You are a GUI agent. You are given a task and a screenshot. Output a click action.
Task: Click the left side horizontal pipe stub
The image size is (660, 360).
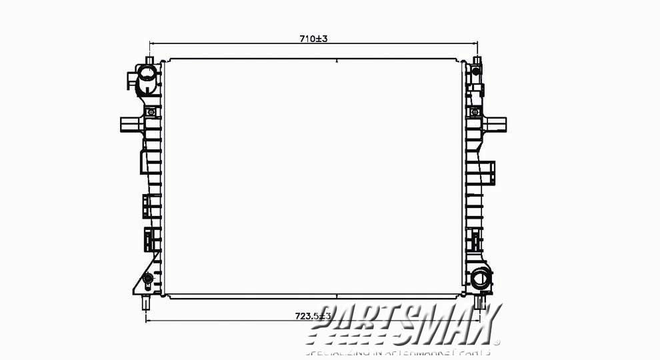129,124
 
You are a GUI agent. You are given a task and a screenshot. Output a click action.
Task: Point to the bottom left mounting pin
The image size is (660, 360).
146,303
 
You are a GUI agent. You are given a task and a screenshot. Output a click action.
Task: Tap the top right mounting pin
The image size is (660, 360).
477,62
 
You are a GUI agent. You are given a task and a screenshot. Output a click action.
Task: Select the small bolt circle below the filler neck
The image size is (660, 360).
151,112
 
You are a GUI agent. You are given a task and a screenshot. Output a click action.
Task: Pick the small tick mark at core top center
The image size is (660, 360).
337,61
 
